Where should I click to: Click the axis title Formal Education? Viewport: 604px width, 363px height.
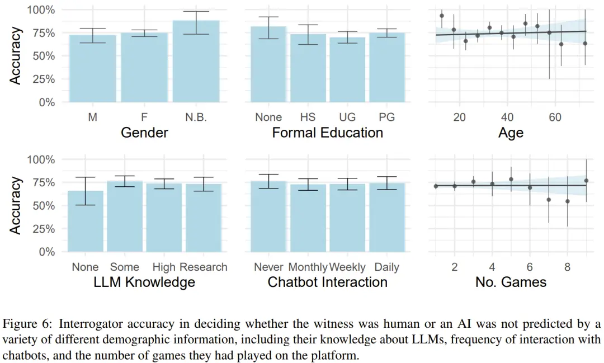coord(328,133)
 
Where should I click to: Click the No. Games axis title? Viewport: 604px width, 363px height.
coord(511,282)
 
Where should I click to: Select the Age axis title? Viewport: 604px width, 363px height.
coord(511,133)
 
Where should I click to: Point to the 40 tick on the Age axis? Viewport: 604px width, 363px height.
coord(507,117)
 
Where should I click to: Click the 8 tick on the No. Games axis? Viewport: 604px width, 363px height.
coord(568,267)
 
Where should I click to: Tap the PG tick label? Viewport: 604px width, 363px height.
coord(386,117)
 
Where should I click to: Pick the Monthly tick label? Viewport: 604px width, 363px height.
coord(308,267)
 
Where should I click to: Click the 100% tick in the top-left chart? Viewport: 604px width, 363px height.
coord(41,10)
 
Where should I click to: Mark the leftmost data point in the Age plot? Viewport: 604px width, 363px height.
coord(442,16)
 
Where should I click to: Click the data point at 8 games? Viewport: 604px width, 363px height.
coord(568,201)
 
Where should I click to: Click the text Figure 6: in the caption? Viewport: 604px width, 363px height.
coord(28,324)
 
